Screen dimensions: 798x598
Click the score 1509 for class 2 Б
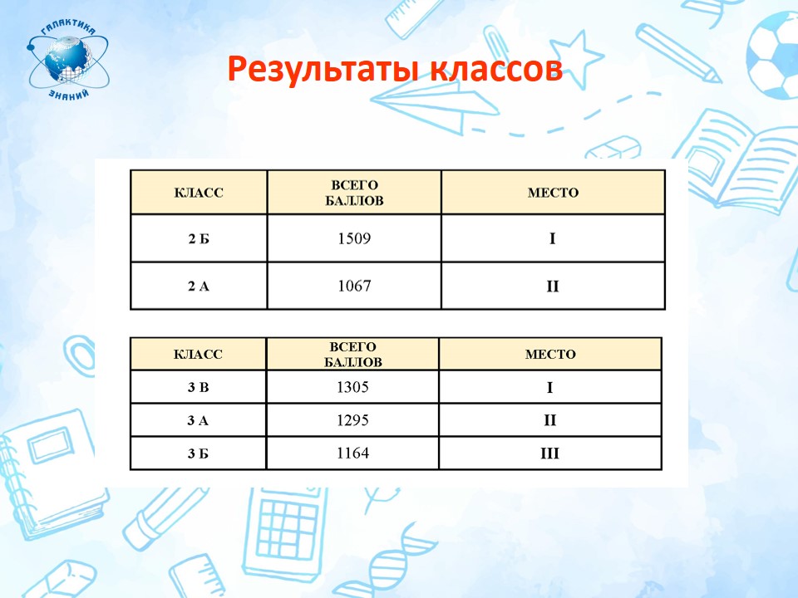pyautogui.click(x=354, y=238)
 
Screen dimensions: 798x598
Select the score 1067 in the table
pyautogui.click(x=354, y=286)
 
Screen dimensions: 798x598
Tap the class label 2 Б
pyautogui.click(x=199, y=238)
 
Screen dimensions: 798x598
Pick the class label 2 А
pyautogui.click(x=199, y=287)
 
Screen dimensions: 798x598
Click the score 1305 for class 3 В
pyautogui.click(x=352, y=387)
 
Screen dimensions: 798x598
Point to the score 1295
pyautogui.click(x=352, y=420)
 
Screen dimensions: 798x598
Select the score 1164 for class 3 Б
pyautogui.click(x=352, y=453)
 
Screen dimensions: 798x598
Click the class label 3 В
pyautogui.click(x=198, y=388)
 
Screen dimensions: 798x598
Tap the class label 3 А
pyautogui.click(x=198, y=420)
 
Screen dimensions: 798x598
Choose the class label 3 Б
pyautogui.click(x=198, y=453)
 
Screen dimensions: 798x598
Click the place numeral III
pyautogui.click(x=549, y=453)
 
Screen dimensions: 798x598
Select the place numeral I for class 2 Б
pyautogui.click(x=553, y=238)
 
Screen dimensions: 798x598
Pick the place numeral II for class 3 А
pyautogui.click(x=549, y=420)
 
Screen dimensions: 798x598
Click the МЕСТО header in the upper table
pyautogui.click(x=554, y=193)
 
